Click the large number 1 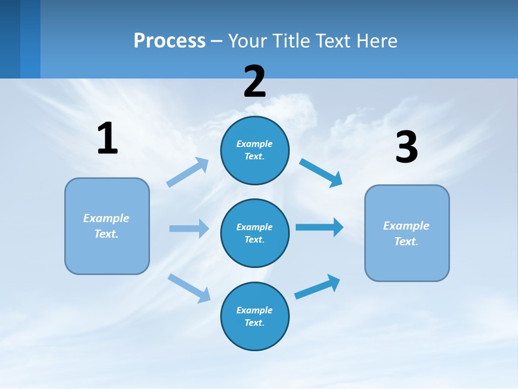[x=107, y=138]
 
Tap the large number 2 [x=255, y=82]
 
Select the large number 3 [x=406, y=147]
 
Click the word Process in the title [x=169, y=41]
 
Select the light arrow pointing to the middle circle [x=189, y=229]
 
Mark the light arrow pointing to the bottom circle [x=189, y=288]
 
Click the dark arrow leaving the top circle [x=321, y=173]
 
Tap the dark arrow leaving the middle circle [x=319, y=227]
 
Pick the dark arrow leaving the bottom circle [x=317, y=287]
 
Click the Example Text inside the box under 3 [x=406, y=233]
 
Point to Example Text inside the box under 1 [x=106, y=226]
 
